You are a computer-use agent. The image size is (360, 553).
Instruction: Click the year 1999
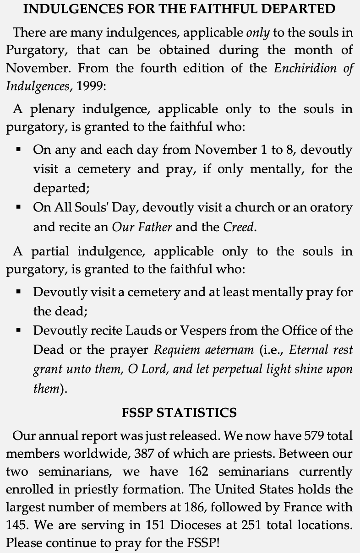click(x=90, y=86)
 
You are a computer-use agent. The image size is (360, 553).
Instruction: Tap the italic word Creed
click(x=238, y=227)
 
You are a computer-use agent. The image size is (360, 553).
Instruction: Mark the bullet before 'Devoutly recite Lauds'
click(x=19, y=330)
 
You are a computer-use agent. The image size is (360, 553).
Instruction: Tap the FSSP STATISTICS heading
click(x=179, y=412)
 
